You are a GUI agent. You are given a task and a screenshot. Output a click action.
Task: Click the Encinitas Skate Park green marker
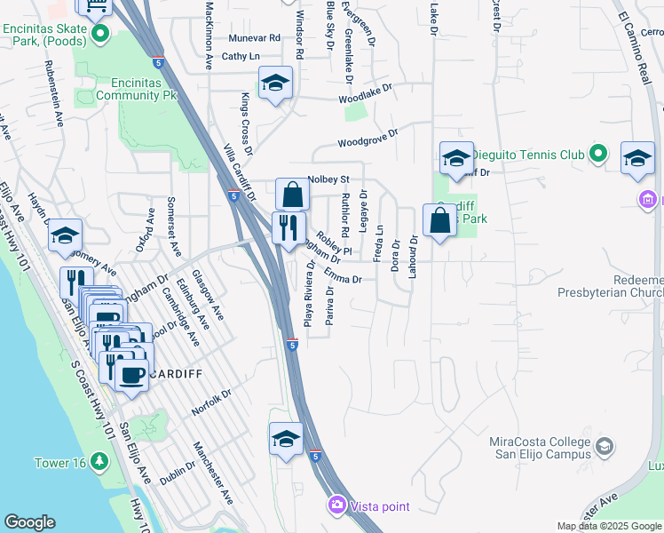pyautogui.click(x=99, y=36)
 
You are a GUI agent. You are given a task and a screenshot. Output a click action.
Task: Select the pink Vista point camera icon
pyautogui.click(x=336, y=505)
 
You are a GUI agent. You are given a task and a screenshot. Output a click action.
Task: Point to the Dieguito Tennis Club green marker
pyautogui.click(x=599, y=155)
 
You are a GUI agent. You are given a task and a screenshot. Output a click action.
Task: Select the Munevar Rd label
pyautogui.click(x=254, y=38)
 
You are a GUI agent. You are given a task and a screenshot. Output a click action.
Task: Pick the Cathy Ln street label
pyautogui.click(x=241, y=56)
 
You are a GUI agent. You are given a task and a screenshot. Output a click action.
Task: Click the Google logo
pyautogui.click(x=29, y=522)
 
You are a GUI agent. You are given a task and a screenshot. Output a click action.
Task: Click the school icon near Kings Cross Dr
pyautogui.click(x=276, y=84)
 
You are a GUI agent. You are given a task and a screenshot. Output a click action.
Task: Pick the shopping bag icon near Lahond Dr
pyautogui.click(x=439, y=219)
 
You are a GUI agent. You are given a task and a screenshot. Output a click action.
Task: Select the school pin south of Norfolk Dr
pyautogui.click(x=286, y=438)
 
